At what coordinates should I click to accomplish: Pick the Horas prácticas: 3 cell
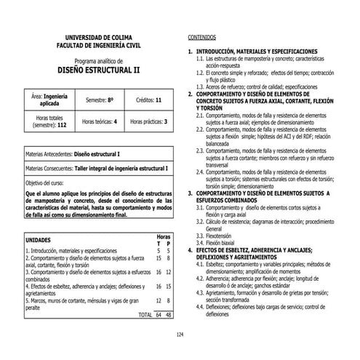tap(149, 121)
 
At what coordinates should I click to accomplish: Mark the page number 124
tap(180, 334)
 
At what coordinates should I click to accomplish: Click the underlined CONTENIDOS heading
tap(202, 36)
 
